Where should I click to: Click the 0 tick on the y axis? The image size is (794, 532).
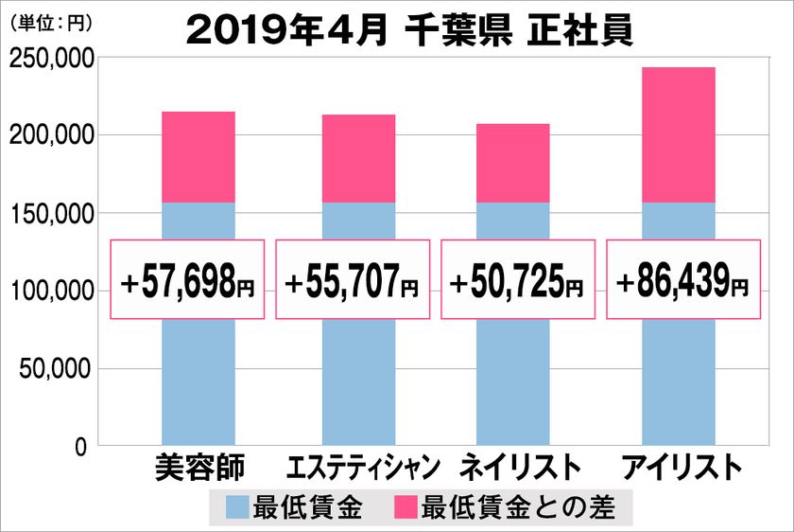pos(81,446)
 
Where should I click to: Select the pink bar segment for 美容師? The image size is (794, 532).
pos(198,157)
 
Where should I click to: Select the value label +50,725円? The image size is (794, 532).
pos(517,279)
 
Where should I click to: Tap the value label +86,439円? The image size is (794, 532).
pos(682,279)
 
